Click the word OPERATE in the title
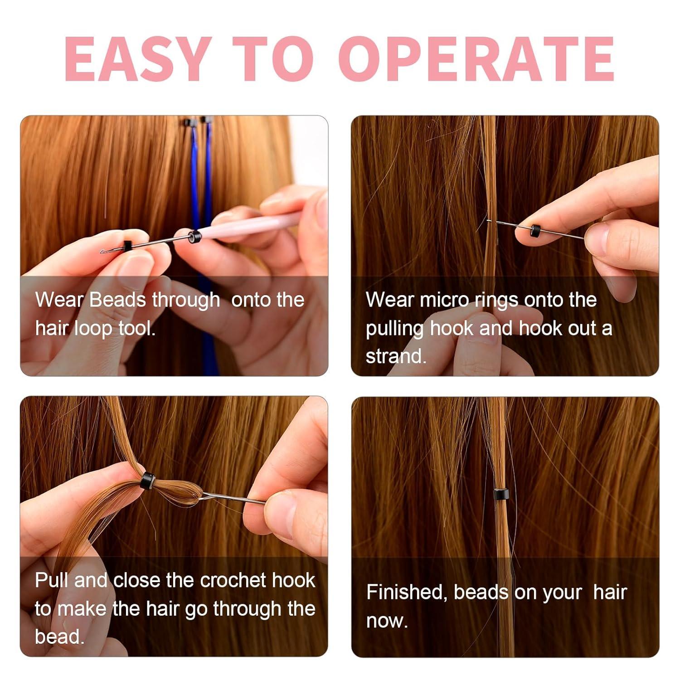pos(480,58)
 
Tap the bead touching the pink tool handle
pos(194,237)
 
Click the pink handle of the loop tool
pos(254,225)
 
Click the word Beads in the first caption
pos(117,300)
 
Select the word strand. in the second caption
pos(396,357)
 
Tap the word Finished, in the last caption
pos(407,593)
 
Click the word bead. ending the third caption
pos(59,637)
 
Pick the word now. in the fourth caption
pos(387,621)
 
